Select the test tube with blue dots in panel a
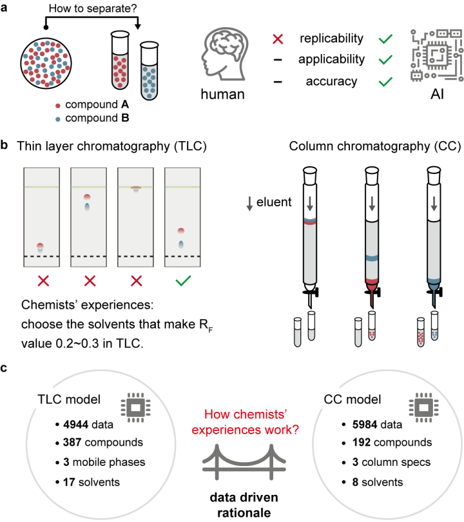tap(150, 72)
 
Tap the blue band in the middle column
tap(372, 259)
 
